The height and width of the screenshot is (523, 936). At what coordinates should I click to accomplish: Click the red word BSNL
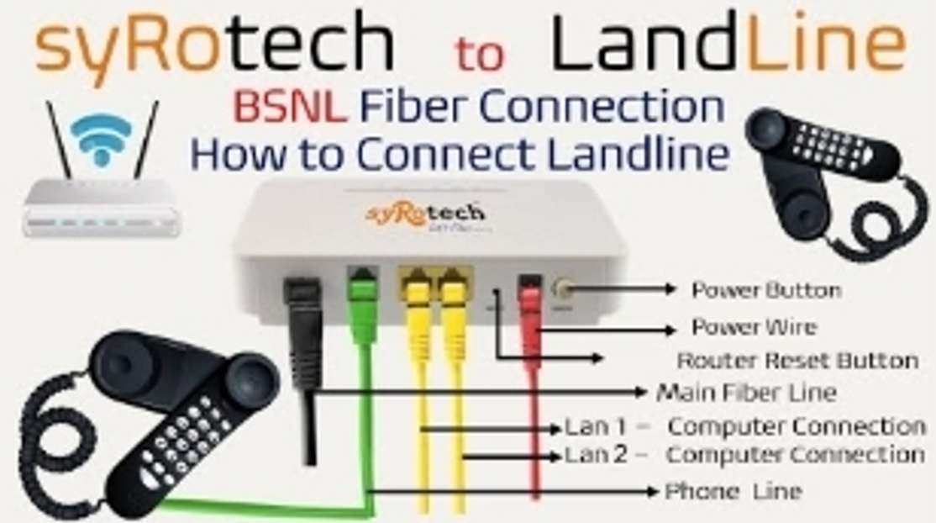(290, 107)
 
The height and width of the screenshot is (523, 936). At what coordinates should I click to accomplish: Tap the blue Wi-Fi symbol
(101, 139)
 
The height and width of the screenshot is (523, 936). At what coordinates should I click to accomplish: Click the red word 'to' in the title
(480, 53)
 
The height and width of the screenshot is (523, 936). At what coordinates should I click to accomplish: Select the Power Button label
(766, 290)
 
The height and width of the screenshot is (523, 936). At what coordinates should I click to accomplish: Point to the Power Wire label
(754, 327)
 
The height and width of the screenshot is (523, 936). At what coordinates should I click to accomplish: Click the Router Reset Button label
(797, 361)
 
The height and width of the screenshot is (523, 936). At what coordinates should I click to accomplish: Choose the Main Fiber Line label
(746, 393)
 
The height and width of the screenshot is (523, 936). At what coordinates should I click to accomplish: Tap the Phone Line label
(733, 491)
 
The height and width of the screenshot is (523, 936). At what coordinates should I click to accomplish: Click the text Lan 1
(595, 427)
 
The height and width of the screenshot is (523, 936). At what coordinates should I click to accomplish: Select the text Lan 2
(596, 455)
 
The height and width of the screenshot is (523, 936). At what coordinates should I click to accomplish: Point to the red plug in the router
(529, 298)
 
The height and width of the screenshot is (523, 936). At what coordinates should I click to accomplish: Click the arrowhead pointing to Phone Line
(652, 491)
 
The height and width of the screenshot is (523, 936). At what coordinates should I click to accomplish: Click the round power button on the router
(561, 289)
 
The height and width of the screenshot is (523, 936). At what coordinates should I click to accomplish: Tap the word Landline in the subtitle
(638, 154)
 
